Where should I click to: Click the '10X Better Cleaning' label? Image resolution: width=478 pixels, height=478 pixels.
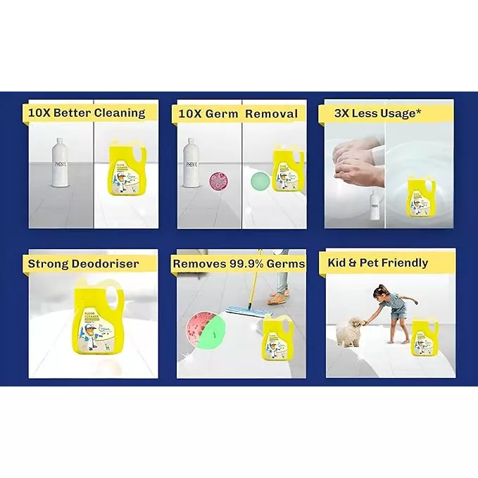86,113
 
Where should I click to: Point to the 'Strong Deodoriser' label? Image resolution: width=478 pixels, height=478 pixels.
83,264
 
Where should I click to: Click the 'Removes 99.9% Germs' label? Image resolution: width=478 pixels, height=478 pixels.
239,263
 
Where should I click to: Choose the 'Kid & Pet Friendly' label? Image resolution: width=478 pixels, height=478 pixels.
378,263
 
